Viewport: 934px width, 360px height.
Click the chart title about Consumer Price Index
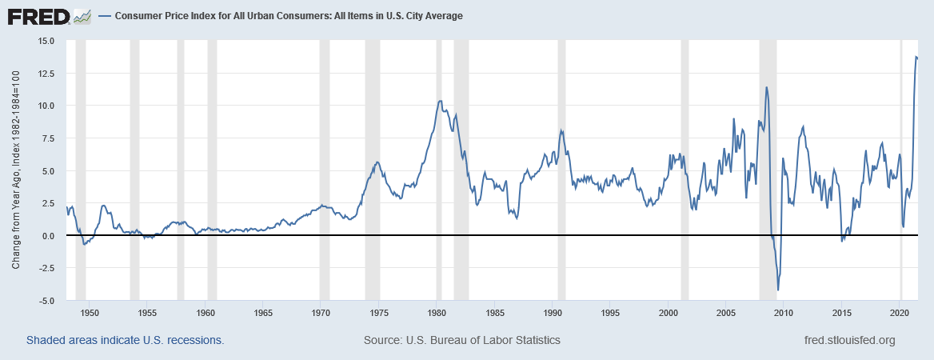(x=289, y=16)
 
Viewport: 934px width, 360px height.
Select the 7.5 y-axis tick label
(x=45, y=138)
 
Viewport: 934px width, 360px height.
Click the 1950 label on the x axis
(x=90, y=312)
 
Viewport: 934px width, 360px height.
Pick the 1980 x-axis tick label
(x=437, y=312)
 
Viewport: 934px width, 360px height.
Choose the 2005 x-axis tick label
(x=725, y=312)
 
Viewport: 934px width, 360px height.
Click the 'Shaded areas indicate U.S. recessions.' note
(x=125, y=340)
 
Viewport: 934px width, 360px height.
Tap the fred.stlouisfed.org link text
(x=849, y=340)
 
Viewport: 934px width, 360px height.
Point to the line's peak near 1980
(x=439, y=101)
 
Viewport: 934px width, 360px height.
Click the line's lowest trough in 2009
(x=778, y=290)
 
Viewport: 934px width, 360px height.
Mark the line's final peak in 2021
(x=916, y=56)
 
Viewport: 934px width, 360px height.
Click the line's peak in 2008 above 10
(x=766, y=87)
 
